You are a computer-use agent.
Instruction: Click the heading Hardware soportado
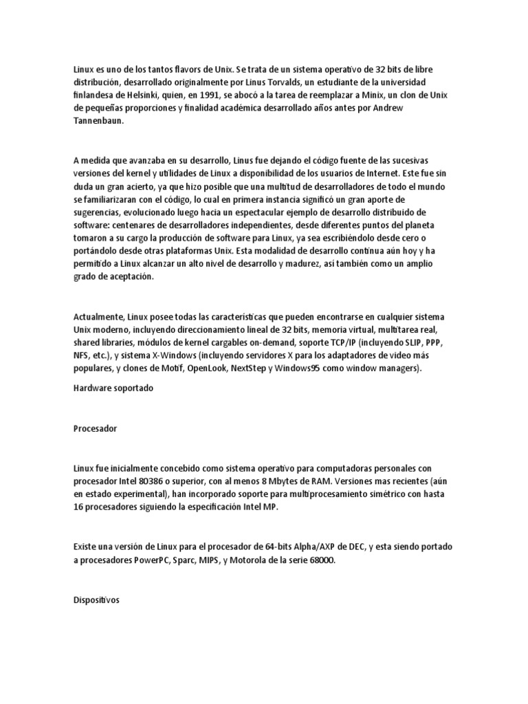coord(113,388)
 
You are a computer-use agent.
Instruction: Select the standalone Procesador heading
coord(95,428)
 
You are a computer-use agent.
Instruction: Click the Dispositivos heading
coord(96,599)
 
